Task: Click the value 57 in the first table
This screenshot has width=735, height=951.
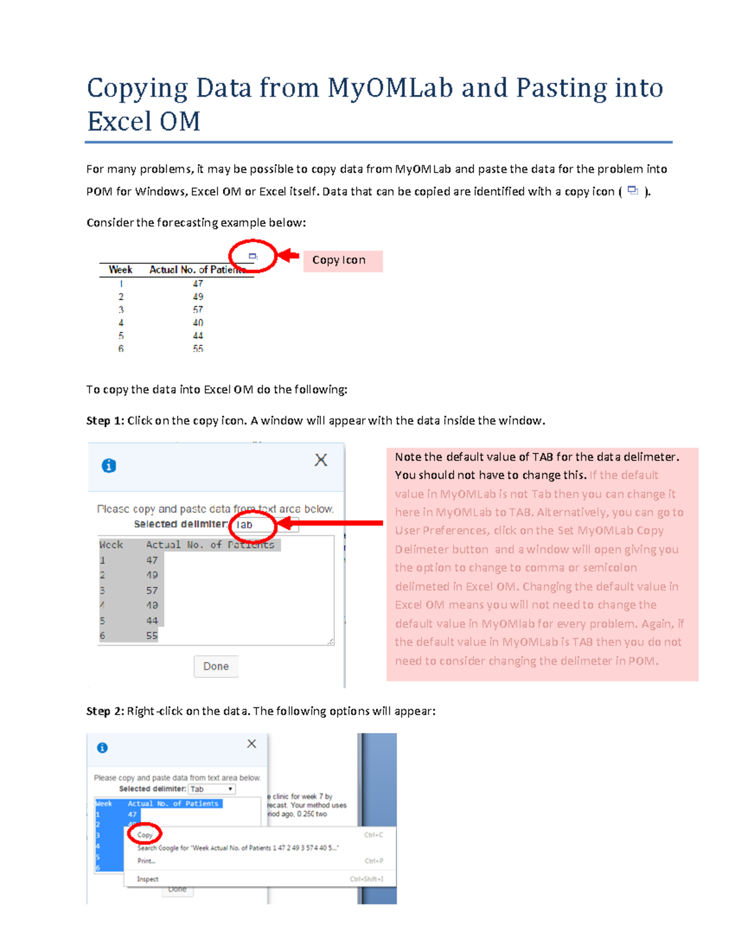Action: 198,310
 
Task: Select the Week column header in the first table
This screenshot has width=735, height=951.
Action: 120,269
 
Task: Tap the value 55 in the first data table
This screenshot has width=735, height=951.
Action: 198,348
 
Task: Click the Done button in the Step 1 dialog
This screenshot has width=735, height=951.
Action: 216,666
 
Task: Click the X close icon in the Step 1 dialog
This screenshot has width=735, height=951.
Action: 321,460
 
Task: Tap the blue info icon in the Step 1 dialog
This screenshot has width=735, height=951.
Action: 109,466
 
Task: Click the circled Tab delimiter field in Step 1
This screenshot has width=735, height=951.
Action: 252,525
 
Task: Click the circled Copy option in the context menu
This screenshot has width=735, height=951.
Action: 145,835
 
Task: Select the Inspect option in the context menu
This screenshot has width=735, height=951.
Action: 148,879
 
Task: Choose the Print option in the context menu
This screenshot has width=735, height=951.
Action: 146,861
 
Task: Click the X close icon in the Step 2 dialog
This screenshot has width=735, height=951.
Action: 252,743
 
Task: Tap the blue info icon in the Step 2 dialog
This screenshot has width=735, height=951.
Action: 102,748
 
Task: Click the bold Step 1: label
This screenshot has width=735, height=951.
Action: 105,421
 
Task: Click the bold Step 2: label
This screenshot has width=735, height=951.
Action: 105,711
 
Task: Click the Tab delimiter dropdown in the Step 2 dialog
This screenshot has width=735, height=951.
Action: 211,789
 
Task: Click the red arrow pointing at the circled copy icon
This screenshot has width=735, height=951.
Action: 288,255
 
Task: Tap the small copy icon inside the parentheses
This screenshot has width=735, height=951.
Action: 633,191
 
